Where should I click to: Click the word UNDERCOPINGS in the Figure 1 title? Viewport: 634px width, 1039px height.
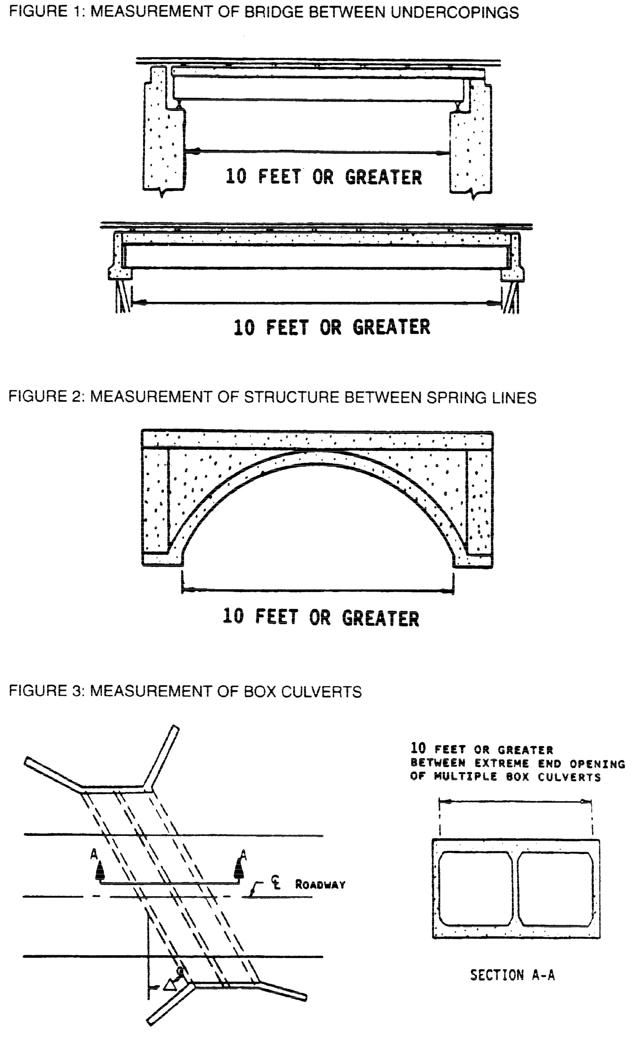(x=454, y=13)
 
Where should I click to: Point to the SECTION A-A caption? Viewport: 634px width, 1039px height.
(x=512, y=976)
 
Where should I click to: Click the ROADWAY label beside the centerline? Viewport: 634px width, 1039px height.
(x=320, y=885)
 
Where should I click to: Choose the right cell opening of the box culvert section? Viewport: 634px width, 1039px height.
(x=555, y=888)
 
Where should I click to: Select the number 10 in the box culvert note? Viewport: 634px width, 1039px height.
(x=418, y=749)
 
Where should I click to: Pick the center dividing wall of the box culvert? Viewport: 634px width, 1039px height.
(x=515, y=888)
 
